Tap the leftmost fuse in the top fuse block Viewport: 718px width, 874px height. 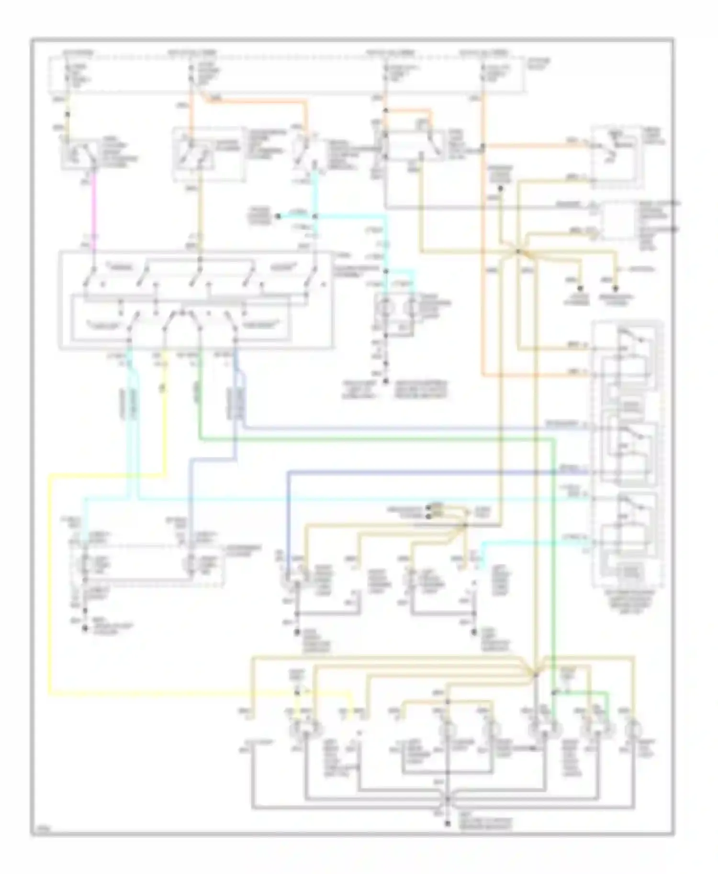tap(68, 72)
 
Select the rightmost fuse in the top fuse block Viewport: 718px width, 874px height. tap(482, 72)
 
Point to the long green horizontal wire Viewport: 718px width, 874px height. tap(373, 437)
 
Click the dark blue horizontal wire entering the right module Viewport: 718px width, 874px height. tap(431, 472)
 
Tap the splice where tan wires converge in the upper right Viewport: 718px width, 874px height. tap(519, 251)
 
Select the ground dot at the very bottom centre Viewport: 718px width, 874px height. tap(448, 823)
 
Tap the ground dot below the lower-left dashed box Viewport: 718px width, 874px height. tap(85, 628)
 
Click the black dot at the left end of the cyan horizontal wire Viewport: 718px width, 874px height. tap(277, 216)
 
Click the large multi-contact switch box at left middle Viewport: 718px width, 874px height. tap(195, 301)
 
